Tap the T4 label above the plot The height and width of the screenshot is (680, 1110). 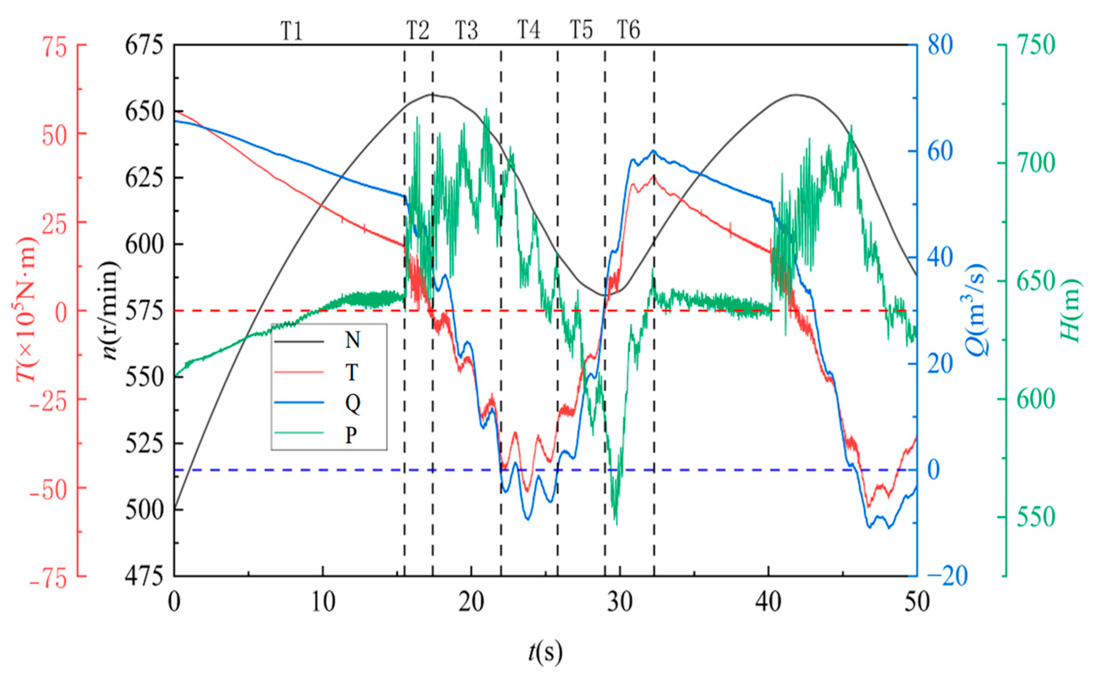pyautogui.click(x=529, y=30)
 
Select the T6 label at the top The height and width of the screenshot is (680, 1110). pyautogui.click(x=628, y=30)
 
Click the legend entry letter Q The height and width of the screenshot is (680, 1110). pyautogui.click(x=352, y=403)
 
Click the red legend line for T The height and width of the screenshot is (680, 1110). pyautogui.click(x=298, y=372)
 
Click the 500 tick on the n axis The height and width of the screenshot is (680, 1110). pyautogui.click(x=144, y=511)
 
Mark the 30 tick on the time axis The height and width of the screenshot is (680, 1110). pyautogui.click(x=620, y=602)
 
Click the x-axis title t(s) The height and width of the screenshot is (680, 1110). pyautogui.click(x=546, y=652)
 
